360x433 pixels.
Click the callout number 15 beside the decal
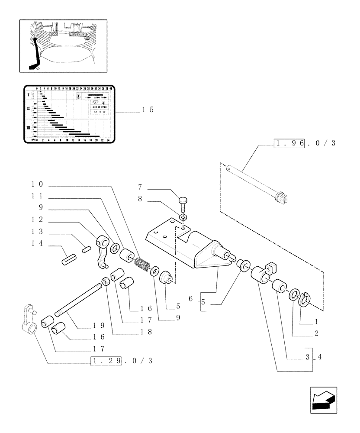[148, 110]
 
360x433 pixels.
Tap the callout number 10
[36, 184]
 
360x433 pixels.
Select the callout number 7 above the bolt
[140, 187]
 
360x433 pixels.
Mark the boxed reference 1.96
[290, 143]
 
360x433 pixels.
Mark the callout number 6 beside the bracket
[190, 299]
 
